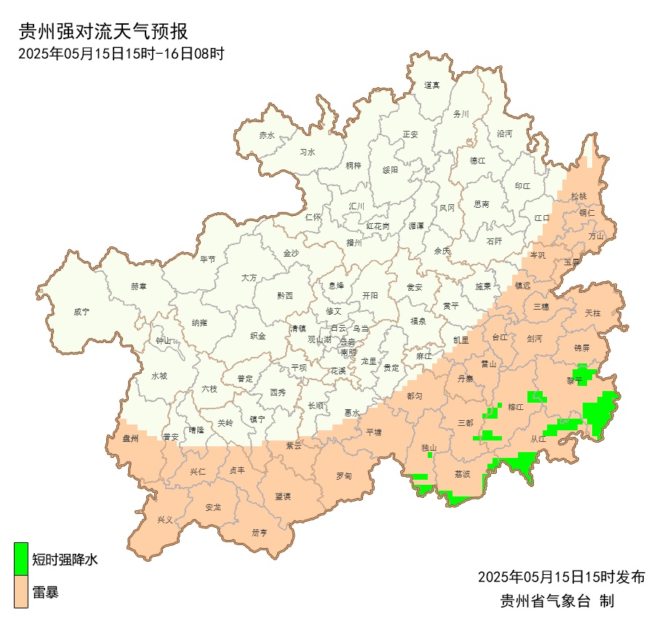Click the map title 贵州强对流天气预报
103,31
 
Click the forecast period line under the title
120,53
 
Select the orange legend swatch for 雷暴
22,592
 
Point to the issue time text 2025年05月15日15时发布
562,577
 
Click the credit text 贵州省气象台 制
557,601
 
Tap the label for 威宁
81,312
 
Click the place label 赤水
267,135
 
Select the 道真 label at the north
432,85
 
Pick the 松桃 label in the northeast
578,196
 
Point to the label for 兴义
166,520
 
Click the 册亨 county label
260,532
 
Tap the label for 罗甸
344,476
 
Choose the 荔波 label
463,474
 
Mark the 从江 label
538,438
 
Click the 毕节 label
208,259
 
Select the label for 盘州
130,438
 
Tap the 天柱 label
593,313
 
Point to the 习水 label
308,153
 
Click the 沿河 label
504,134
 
